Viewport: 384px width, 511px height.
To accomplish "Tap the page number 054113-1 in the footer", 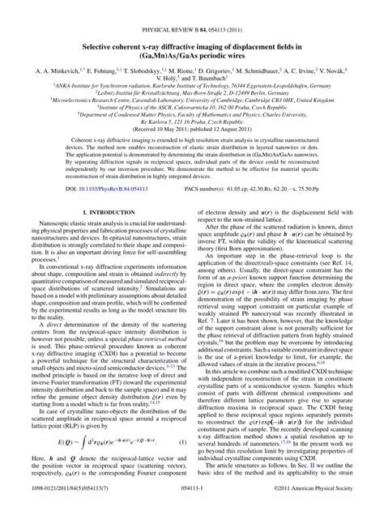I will tap(191, 500).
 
